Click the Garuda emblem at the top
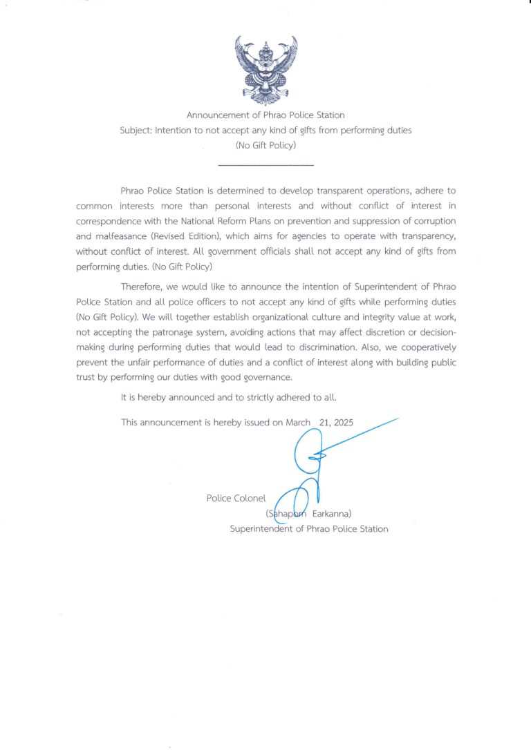pos(265,69)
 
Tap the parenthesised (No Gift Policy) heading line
pos(265,145)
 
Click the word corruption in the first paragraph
pos(434,220)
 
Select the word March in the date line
pos(298,422)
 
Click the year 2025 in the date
pos(343,422)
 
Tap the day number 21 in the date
pos(323,422)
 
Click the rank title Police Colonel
pos(236,498)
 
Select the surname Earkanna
pos(333,514)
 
